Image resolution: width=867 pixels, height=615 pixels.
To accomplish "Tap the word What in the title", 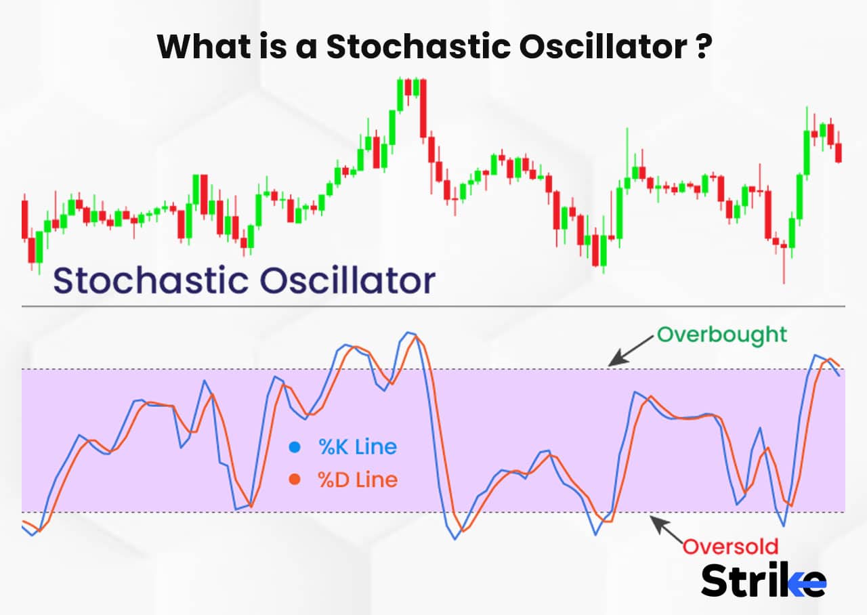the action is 205,47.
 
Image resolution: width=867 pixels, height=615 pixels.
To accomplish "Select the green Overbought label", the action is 722,335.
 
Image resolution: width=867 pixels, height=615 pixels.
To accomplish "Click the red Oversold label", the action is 730,547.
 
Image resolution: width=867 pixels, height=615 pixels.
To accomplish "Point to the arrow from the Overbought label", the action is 631,351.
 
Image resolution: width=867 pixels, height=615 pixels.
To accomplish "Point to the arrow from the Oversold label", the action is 667,530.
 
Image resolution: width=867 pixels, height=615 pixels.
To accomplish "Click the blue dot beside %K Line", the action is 295,447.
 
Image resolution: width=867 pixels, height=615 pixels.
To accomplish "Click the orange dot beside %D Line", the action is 295,480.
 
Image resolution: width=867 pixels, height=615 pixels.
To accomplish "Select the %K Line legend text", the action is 358,447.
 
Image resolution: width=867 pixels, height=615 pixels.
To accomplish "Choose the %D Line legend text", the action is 358,480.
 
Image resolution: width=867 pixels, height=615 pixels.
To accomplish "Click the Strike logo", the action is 763,580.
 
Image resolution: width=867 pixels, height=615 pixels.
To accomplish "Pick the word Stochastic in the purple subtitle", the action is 151,280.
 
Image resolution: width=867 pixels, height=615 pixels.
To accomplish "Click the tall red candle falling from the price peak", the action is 423,108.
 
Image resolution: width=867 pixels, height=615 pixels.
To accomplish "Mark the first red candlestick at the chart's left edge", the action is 25,219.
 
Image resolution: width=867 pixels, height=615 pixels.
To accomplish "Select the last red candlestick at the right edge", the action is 839,152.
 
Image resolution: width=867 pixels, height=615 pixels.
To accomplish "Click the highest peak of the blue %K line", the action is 407,332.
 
